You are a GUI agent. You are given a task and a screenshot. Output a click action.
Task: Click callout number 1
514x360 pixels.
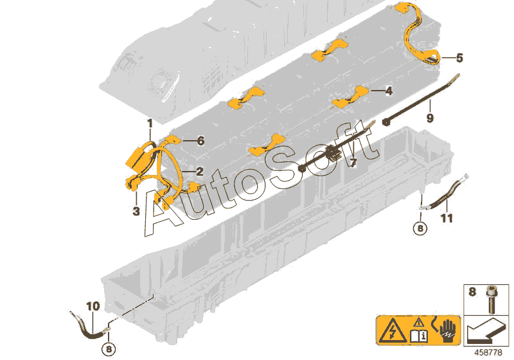(x=149, y=122)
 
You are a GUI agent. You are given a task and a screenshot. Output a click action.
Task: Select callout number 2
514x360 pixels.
(x=200, y=172)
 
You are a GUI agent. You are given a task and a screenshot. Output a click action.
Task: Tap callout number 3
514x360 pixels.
(x=136, y=212)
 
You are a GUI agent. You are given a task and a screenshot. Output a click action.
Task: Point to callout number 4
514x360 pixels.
(x=388, y=91)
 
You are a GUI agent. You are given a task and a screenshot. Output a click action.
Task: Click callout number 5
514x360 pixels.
(x=459, y=58)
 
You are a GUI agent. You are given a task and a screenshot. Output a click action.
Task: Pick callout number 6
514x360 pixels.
(x=200, y=140)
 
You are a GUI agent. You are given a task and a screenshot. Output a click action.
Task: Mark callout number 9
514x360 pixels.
(x=430, y=118)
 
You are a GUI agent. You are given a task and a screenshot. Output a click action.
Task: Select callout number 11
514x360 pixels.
(x=447, y=219)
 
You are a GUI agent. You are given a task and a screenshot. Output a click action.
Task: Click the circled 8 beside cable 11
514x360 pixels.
(x=420, y=228)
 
